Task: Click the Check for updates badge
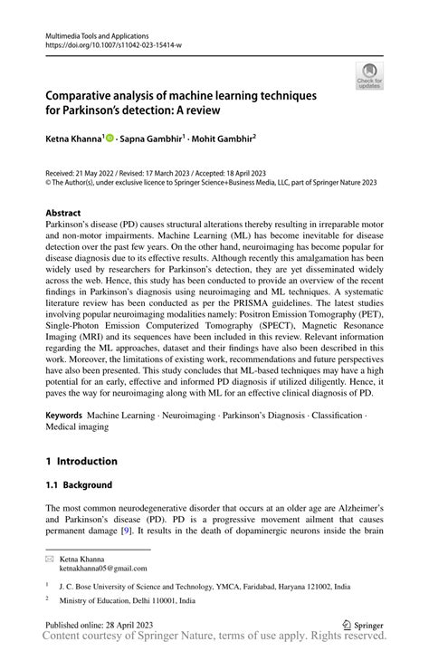pyautogui.click(x=369, y=75)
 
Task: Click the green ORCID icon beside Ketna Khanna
pyautogui.click(x=110, y=139)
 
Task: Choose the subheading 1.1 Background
pyautogui.click(x=79, y=485)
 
